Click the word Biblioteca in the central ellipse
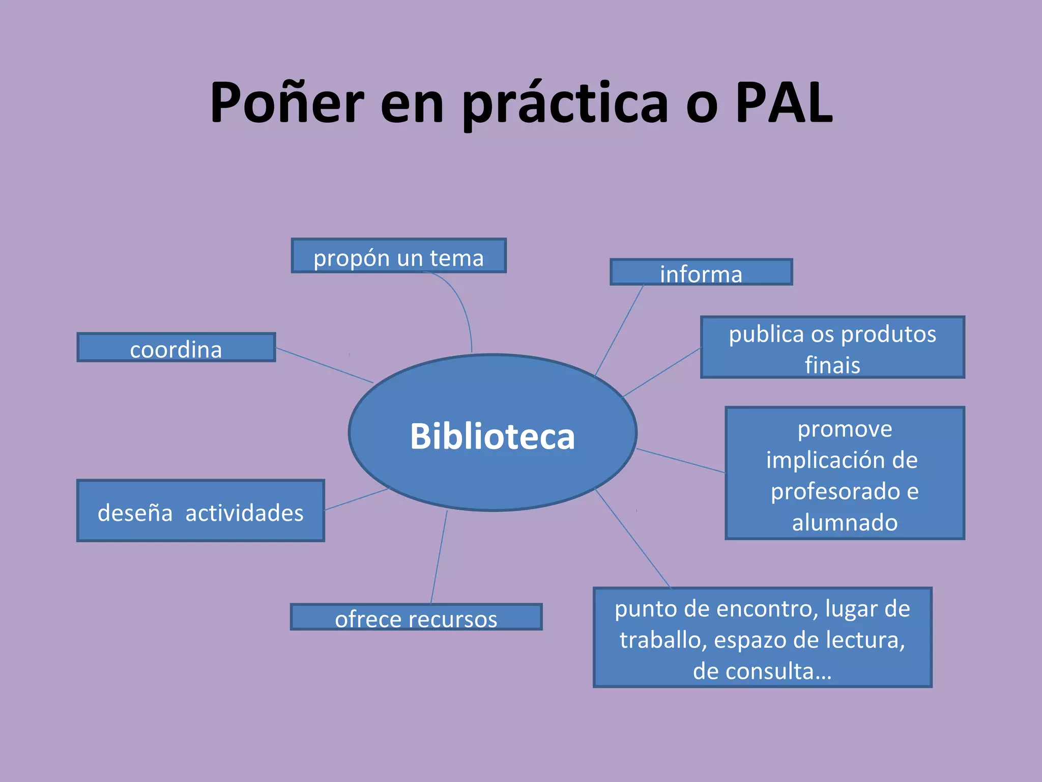click(x=492, y=436)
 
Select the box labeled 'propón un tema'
click(x=398, y=256)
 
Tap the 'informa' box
click(x=701, y=272)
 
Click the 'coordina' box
click(x=176, y=348)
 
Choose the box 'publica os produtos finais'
click(x=832, y=347)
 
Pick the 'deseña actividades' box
click(x=200, y=511)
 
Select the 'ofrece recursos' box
click(x=416, y=617)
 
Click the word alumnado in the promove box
click(x=845, y=522)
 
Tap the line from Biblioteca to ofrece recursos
click(x=439, y=557)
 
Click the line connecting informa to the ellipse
click(x=620, y=329)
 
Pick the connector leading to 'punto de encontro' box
click(x=632, y=538)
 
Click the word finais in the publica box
click(x=832, y=365)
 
